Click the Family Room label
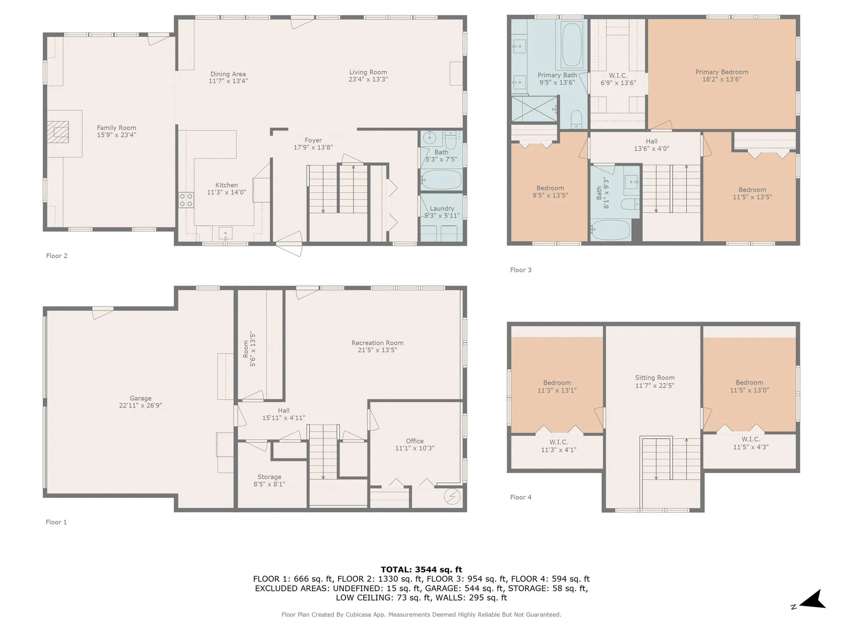click(x=116, y=128)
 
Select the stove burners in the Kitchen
click(x=186, y=200)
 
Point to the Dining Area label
click(x=228, y=74)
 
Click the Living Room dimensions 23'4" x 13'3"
click(x=368, y=79)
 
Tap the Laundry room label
click(x=442, y=208)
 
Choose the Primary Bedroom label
click(x=722, y=72)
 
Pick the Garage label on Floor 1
click(x=140, y=398)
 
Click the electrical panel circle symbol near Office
click(x=452, y=496)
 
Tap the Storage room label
click(x=269, y=477)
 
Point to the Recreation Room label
click(x=377, y=343)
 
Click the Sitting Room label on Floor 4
click(x=655, y=377)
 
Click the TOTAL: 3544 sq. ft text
click(x=421, y=570)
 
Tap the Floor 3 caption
click(x=521, y=270)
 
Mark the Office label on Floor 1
click(x=414, y=441)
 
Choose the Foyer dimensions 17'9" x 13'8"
click(x=313, y=147)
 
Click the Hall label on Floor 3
click(x=652, y=141)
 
